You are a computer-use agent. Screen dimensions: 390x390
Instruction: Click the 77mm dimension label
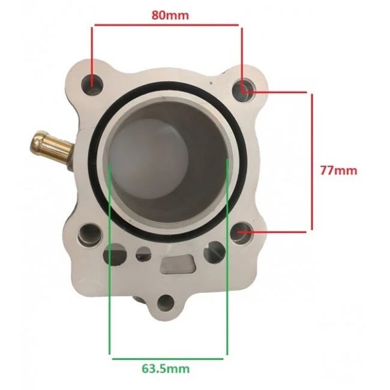pos(338,170)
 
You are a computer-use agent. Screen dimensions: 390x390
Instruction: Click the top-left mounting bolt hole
pos(94,83)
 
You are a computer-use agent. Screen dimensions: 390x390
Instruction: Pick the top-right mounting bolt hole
pos(246,89)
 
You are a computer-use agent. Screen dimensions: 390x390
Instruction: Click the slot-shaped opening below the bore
pos(178,262)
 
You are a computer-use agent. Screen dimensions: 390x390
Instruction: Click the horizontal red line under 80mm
pos(166,25)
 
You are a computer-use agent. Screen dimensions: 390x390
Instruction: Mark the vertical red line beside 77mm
pos(311,161)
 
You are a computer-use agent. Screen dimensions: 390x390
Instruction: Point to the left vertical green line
pos(110,258)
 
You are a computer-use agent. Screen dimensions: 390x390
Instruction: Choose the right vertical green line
pos(227,258)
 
